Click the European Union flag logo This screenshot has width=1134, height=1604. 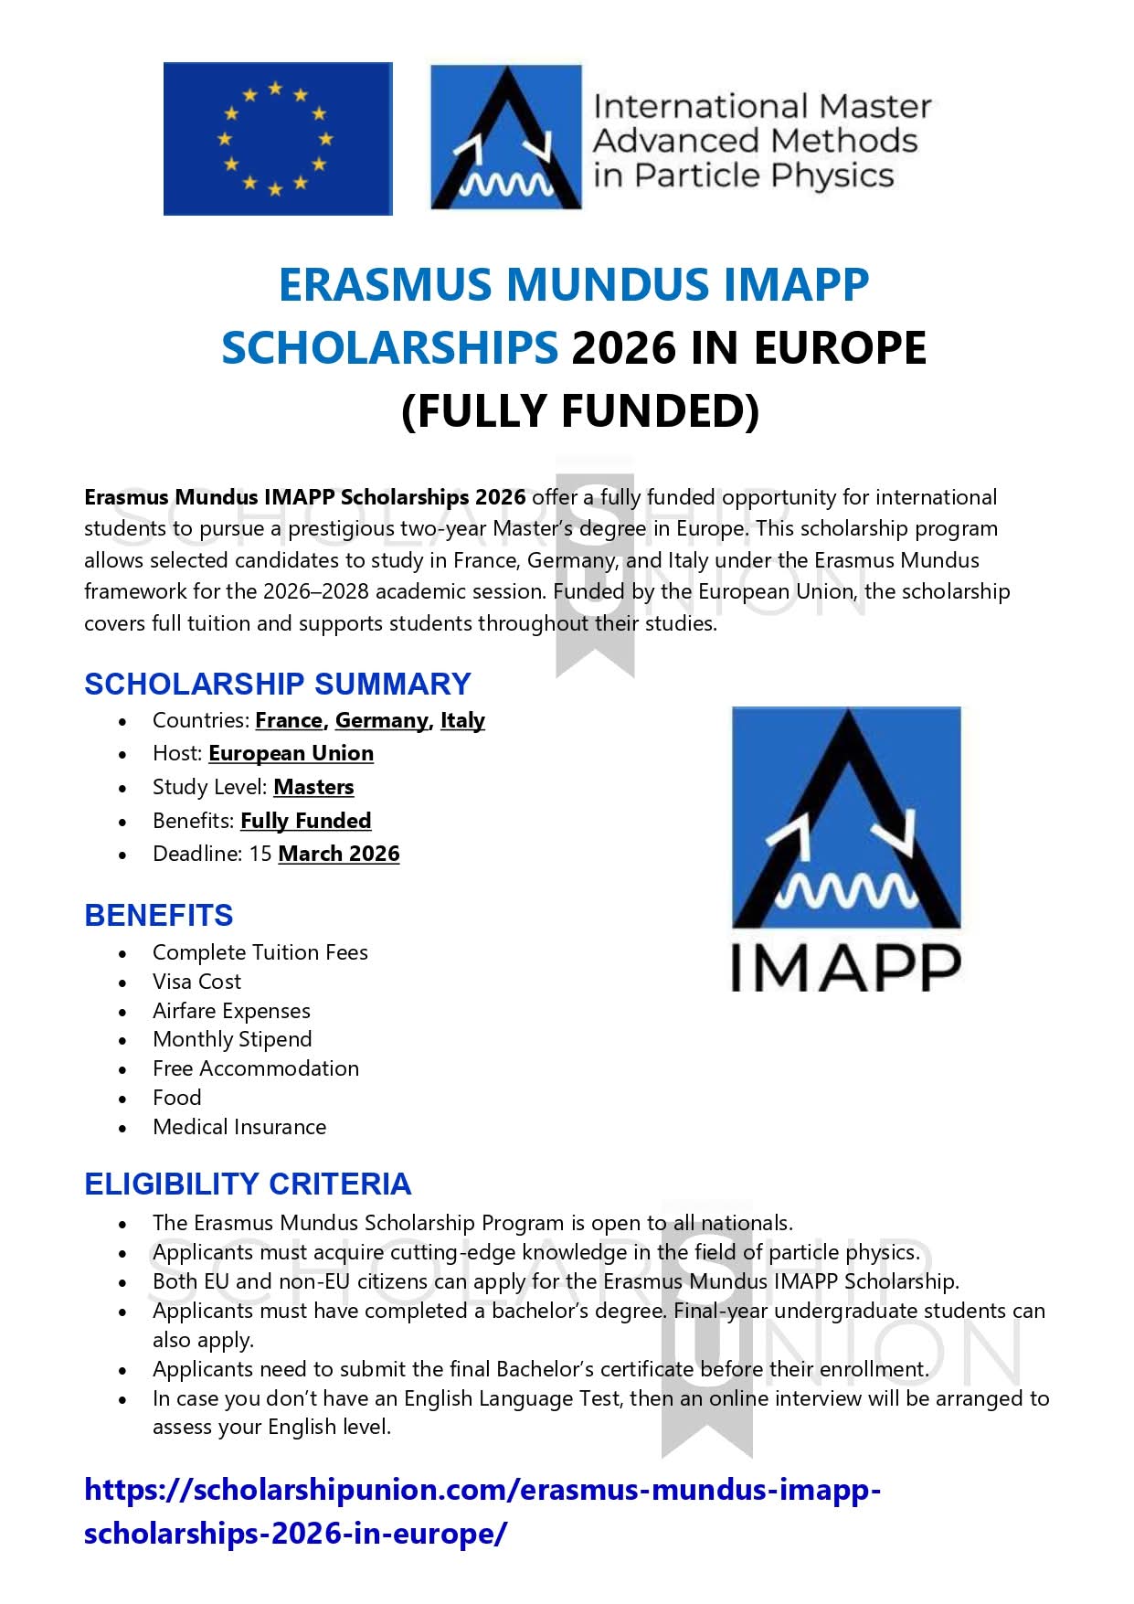point(277,139)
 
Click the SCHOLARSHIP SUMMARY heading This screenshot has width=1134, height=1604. point(277,684)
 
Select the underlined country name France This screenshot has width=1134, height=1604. point(289,720)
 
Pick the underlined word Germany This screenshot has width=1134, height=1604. point(382,720)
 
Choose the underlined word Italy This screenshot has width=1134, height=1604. point(462,720)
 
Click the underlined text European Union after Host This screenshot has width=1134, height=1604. point(291,753)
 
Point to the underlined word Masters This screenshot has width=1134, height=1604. point(313,787)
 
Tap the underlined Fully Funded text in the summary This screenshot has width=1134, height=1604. point(305,821)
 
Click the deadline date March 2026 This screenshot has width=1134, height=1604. point(338,854)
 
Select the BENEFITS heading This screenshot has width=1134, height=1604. point(158,915)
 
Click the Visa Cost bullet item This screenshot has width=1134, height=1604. point(196,982)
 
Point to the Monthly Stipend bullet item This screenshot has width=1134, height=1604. point(232,1039)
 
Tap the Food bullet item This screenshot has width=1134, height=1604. point(177,1098)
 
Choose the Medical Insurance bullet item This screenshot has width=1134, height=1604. point(239,1127)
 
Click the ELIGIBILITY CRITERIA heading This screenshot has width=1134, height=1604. point(248,1184)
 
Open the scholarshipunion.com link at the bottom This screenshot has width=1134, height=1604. point(482,1491)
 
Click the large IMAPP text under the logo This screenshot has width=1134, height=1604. point(845,969)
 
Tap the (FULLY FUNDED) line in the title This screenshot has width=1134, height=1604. point(580,410)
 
